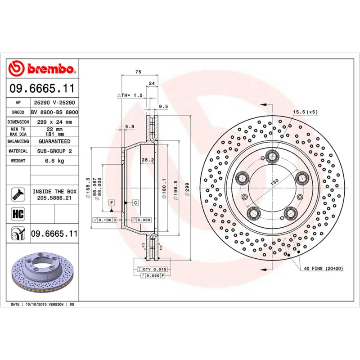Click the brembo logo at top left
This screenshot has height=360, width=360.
tap(42, 69)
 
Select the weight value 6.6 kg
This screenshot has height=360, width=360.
tap(54, 161)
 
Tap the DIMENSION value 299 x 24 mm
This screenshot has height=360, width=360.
tap(54, 122)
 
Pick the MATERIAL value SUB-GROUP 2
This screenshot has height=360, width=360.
tap(54, 151)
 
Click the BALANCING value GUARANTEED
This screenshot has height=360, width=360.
tap(54, 141)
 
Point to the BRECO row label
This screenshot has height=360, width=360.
tap(18, 112)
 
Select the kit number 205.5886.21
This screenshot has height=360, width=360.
tap(54, 198)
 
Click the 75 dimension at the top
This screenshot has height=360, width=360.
tap(139, 72)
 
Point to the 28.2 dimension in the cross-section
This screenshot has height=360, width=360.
tap(148, 159)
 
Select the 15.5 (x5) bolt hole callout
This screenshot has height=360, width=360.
tap(306, 112)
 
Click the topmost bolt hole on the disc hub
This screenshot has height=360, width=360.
tap(271, 156)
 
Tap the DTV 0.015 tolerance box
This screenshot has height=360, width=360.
tap(154, 269)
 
